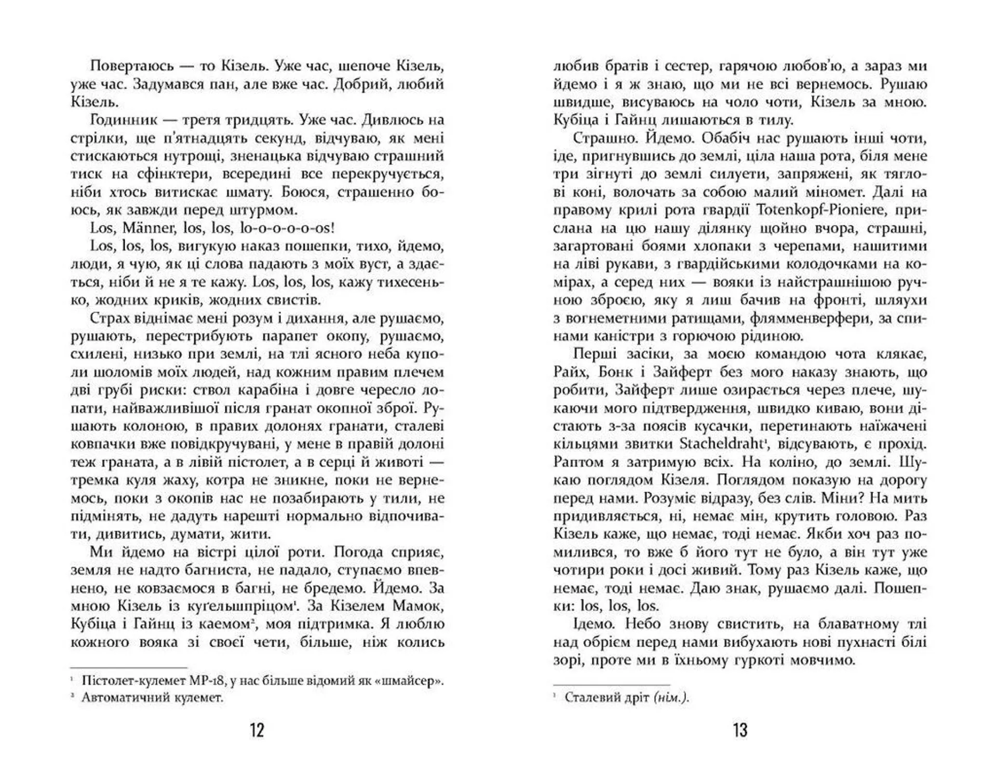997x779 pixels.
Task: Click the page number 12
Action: [257, 730]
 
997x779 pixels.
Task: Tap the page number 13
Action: [740, 730]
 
